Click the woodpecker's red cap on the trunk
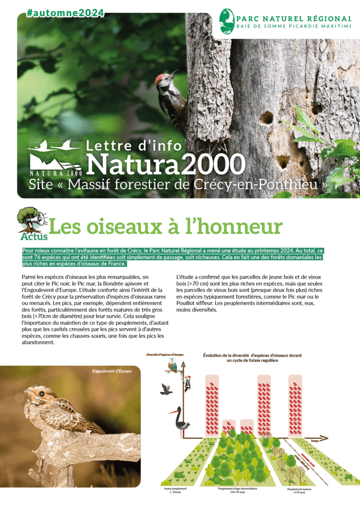(161, 76)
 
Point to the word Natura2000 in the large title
(166, 164)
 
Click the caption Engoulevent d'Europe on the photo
(112, 371)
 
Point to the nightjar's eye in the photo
(42, 393)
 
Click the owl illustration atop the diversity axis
(172, 365)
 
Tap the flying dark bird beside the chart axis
(166, 389)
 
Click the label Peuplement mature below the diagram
(300, 490)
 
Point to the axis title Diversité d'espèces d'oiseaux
(165, 354)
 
